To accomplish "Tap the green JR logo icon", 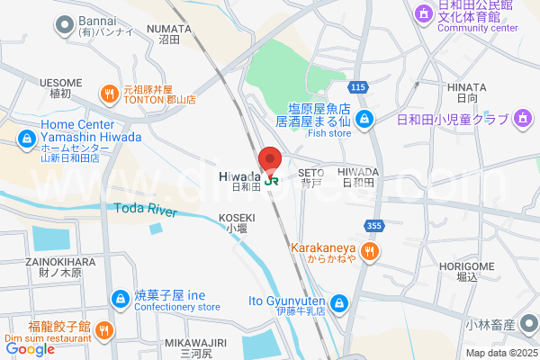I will [271, 179].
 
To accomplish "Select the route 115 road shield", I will [358, 86].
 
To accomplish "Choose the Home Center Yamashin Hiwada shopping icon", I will [25, 138].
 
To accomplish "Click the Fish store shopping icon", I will [364, 119].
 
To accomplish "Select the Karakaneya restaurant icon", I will [369, 250].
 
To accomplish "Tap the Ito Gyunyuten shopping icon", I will [338, 301].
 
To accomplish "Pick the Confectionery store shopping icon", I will [120, 298].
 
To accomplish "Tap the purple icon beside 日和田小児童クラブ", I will [522, 119].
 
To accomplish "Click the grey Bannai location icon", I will [63, 25].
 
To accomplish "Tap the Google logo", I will [30, 349].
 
